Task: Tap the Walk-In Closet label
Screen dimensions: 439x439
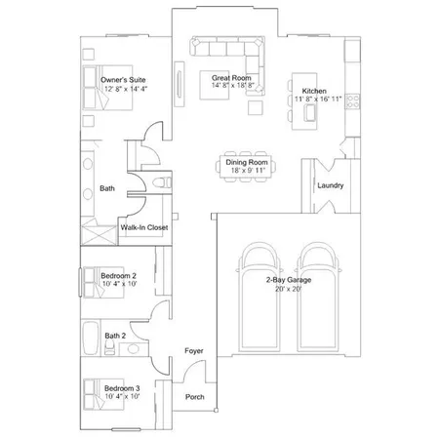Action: click(144, 228)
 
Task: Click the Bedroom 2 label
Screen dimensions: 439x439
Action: click(119, 275)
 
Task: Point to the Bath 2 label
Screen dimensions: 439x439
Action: click(115, 337)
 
